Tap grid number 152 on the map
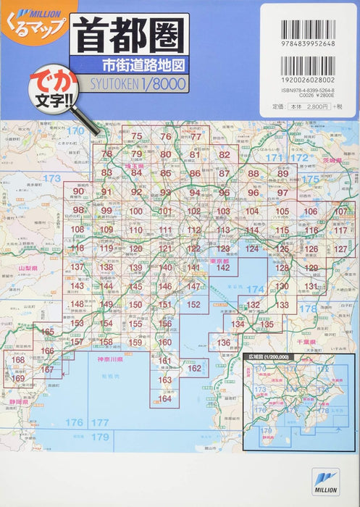pos(192,305)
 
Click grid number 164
pos(165,398)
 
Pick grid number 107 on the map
pos(340,211)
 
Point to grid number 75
pos(137,135)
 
